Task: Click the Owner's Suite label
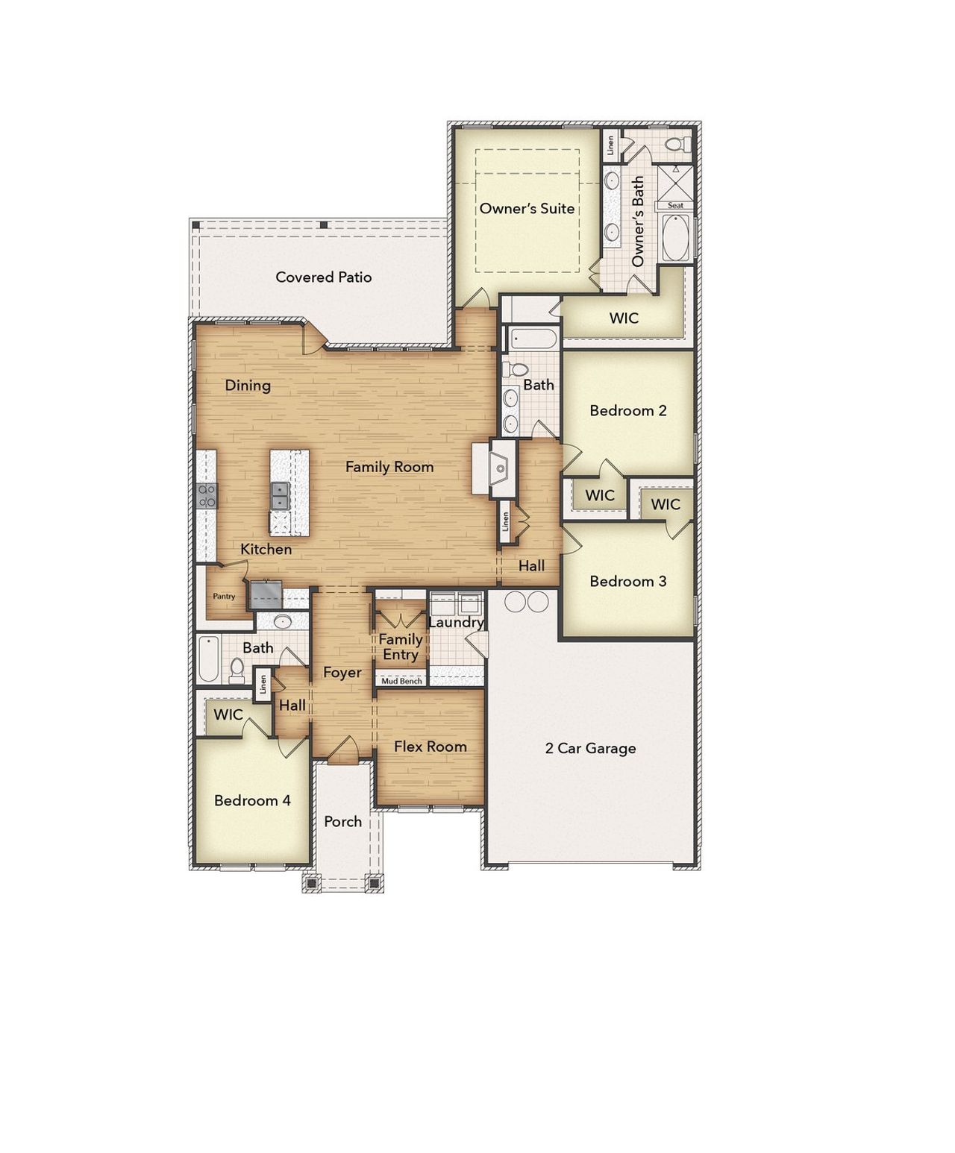point(527,208)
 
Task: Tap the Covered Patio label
point(323,277)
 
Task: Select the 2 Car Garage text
point(590,748)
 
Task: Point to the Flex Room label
point(430,747)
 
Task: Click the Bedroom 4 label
point(252,801)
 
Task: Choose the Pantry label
point(224,596)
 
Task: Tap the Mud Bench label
point(401,681)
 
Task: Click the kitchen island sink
point(281,495)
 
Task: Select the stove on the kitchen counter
point(207,496)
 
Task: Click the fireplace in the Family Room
point(499,468)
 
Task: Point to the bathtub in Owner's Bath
point(676,238)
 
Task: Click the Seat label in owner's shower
point(674,205)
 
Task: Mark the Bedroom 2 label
point(627,410)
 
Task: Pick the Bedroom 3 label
point(627,582)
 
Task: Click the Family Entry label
point(400,647)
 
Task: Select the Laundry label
point(456,622)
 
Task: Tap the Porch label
point(342,821)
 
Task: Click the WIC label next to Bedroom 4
point(228,714)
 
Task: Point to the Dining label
point(248,386)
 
